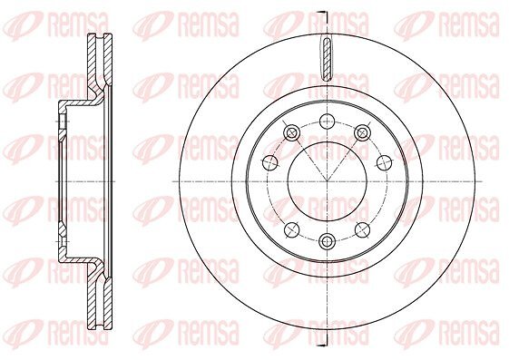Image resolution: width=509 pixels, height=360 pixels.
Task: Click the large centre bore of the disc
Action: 327,181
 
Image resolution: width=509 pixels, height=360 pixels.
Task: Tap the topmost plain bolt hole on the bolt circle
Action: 327,122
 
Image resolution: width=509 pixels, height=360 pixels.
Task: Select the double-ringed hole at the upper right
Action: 362,132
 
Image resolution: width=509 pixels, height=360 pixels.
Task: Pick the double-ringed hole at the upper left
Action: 291,132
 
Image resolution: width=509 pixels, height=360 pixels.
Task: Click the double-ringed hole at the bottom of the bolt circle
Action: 327,240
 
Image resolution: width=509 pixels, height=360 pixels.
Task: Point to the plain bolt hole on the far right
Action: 384,162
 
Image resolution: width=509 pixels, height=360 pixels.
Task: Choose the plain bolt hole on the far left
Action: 269,162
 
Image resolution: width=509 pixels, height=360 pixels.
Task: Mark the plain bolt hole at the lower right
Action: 363,230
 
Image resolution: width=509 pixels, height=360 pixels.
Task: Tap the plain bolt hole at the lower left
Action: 291,230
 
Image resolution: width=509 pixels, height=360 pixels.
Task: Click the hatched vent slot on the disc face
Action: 327,58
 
